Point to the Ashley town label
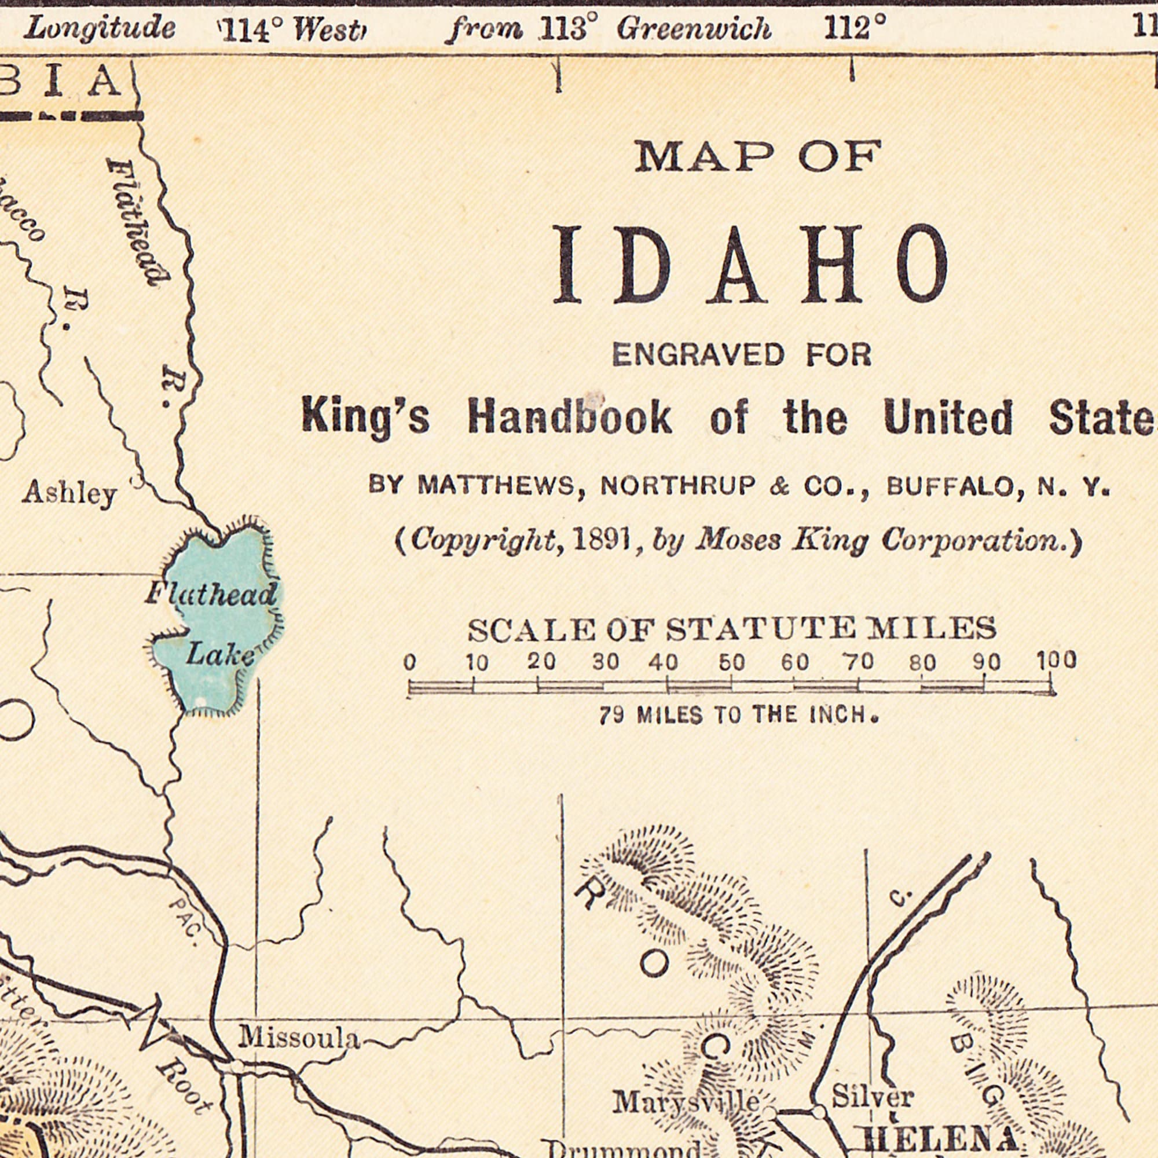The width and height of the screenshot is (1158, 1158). (x=69, y=495)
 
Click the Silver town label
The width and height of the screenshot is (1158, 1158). (x=872, y=1097)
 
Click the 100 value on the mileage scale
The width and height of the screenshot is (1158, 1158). (x=1057, y=662)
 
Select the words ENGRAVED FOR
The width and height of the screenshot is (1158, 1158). (x=742, y=355)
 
